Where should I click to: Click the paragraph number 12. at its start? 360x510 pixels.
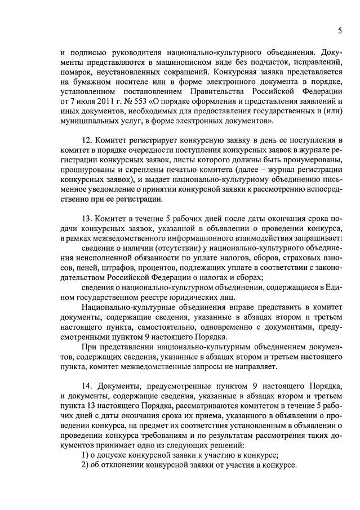(x=87, y=140)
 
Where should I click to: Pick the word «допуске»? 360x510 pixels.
(x=116, y=455)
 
